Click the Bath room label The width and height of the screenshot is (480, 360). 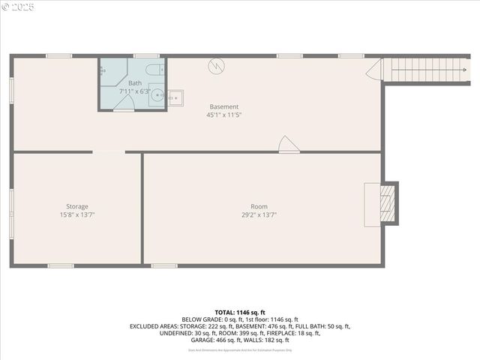pyautogui.click(x=135, y=83)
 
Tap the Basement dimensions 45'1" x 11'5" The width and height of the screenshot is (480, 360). pyautogui.click(x=224, y=115)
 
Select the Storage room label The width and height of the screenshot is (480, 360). pyautogui.click(x=76, y=206)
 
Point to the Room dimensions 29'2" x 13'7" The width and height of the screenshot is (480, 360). pyautogui.click(x=259, y=215)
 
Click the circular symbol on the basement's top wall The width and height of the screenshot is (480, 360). pyautogui.click(x=216, y=66)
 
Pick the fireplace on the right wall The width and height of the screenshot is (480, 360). pyautogui.click(x=385, y=202)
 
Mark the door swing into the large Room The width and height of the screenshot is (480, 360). pyautogui.click(x=288, y=145)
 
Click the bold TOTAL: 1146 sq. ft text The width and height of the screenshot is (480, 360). pyautogui.click(x=240, y=312)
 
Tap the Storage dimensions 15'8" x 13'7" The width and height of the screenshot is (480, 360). pyautogui.click(x=76, y=215)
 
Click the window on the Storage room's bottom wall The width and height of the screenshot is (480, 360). pyautogui.click(x=60, y=265)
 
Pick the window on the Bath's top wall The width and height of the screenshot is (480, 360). pyautogui.click(x=146, y=55)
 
